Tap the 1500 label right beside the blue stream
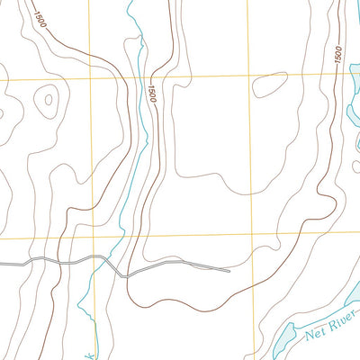click(151, 92)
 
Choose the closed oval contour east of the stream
click(269, 85)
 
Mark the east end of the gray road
click(229, 269)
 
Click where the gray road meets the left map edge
click(1, 263)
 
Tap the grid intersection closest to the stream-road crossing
click(89, 238)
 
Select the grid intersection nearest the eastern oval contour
click(247, 74)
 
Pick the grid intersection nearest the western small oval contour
click(90, 77)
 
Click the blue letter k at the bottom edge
click(91, 354)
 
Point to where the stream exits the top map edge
click(131, 1)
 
